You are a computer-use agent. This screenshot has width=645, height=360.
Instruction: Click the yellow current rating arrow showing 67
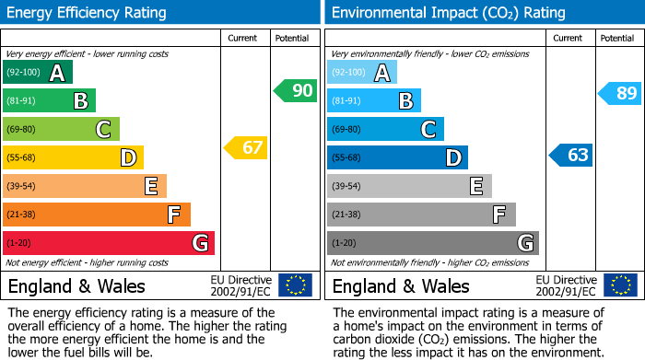click(x=246, y=147)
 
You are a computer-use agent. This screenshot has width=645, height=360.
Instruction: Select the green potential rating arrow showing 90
click(x=295, y=90)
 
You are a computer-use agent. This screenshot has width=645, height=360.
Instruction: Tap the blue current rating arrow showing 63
click(x=571, y=155)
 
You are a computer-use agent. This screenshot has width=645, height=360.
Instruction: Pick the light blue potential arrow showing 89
click(x=619, y=92)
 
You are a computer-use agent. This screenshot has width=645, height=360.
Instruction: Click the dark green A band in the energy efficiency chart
click(x=38, y=73)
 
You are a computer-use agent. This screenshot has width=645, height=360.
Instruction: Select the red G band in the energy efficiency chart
click(x=109, y=243)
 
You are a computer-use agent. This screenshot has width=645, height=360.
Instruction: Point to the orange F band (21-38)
click(x=97, y=215)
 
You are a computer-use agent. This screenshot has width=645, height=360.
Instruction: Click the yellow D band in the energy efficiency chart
click(x=73, y=157)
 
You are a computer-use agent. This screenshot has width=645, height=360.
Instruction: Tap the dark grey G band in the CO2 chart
click(x=432, y=243)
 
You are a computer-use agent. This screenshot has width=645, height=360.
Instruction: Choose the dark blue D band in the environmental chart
click(x=397, y=157)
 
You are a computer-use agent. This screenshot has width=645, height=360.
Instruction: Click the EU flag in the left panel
click(x=295, y=285)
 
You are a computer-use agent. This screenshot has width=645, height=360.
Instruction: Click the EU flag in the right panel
click(x=619, y=285)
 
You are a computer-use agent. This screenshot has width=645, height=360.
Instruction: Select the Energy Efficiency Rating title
click(x=88, y=13)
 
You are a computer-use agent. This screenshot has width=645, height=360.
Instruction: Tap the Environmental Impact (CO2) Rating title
click(x=448, y=13)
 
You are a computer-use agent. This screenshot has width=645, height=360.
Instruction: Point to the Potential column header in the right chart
click(x=617, y=38)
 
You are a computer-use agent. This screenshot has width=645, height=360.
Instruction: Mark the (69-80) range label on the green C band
click(x=21, y=130)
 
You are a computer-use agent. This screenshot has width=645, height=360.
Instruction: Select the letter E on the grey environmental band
click(x=475, y=186)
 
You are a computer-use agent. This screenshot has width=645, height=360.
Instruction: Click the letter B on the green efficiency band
click(x=81, y=101)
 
